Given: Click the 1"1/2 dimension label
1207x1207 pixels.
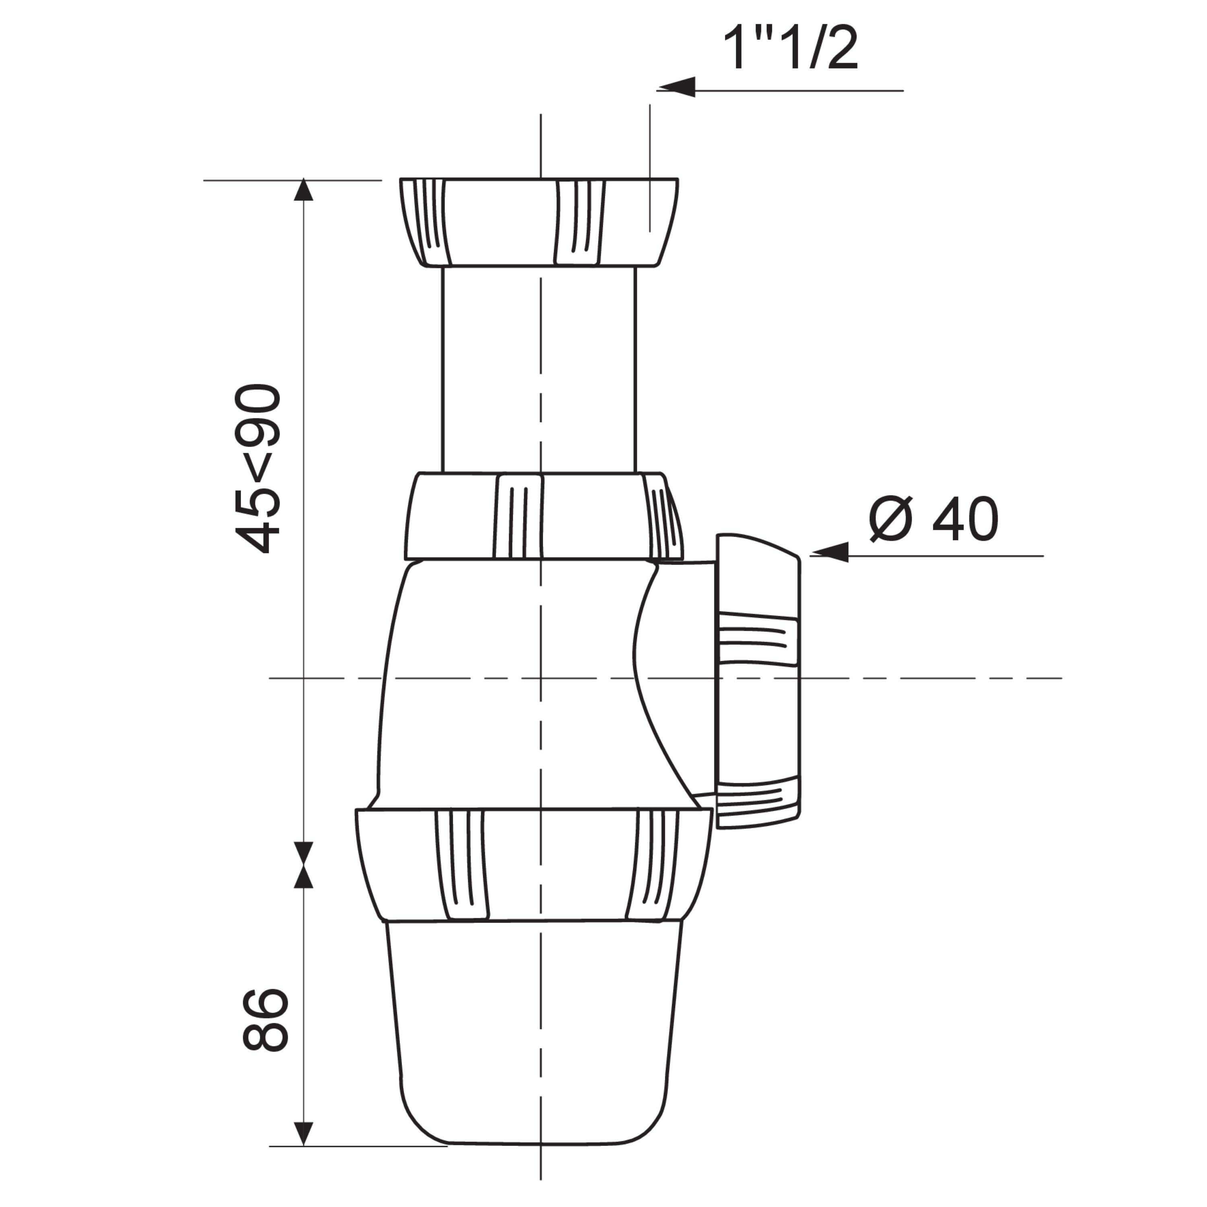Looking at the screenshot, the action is pos(790,48).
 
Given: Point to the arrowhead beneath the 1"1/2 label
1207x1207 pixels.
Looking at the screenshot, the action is pos(676,87).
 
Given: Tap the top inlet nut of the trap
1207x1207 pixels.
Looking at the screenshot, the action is pos(539,222).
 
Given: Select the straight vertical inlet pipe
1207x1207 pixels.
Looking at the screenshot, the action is pos(539,370).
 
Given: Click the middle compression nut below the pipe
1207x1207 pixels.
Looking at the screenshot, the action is pos(544,516).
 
